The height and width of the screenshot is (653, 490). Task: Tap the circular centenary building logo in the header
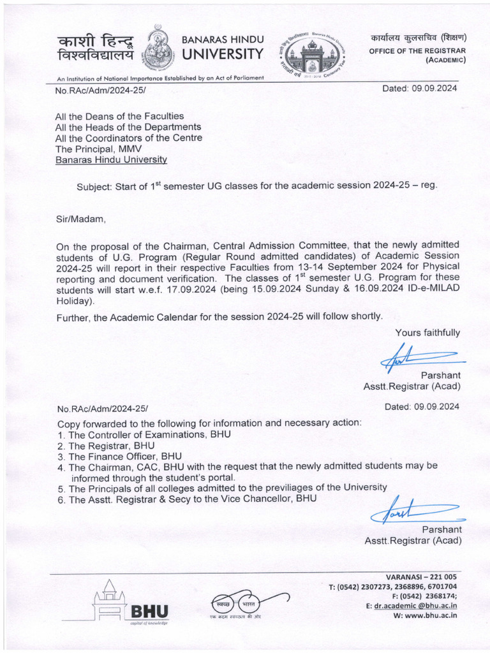[311, 56]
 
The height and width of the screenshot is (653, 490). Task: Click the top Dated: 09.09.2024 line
[419, 89]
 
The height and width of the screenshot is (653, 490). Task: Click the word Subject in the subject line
[94, 186]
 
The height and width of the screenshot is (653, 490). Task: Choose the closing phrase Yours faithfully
[427, 332]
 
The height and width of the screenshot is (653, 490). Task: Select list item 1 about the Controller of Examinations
[144, 434]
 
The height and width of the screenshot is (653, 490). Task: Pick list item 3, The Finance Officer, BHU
[119, 457]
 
